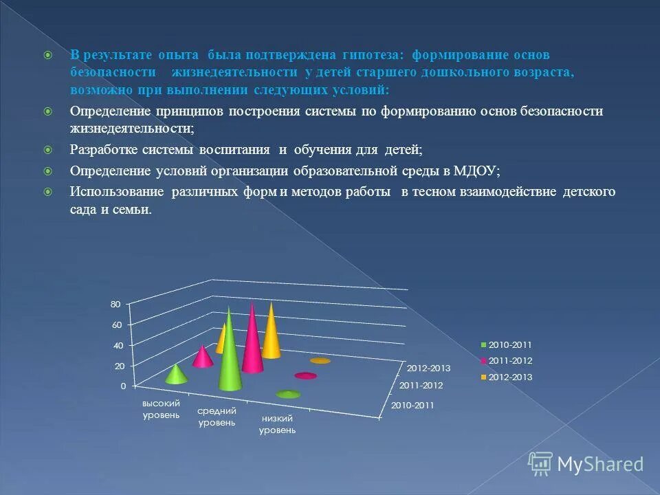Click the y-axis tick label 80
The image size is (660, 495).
(x=115, y=304)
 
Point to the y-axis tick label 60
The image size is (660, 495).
(x=115, y=324)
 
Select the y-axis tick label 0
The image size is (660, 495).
(x=122, y=386)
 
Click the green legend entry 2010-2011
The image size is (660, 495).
(x=509, y=344)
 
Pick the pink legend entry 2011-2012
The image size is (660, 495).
(x=509, y=360)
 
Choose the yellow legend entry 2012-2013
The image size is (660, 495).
(x=509, y=377)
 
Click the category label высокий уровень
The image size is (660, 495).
(x=161, y=408)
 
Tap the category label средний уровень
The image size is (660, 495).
(x=217, y=417)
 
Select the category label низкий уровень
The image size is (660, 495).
(x=277, y=424)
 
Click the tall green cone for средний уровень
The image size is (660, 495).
(x=230, y=357)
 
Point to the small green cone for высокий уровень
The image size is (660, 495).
(x=176, y=375)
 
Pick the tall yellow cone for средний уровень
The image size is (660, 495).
(x=272, y=333)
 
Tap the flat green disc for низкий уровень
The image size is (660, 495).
(x=288, y=394)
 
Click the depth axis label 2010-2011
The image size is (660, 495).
(x=412, y=405)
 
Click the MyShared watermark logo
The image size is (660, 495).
(x=586, y=464)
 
